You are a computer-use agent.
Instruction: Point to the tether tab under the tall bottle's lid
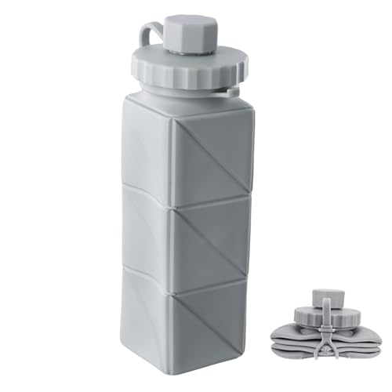227,93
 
